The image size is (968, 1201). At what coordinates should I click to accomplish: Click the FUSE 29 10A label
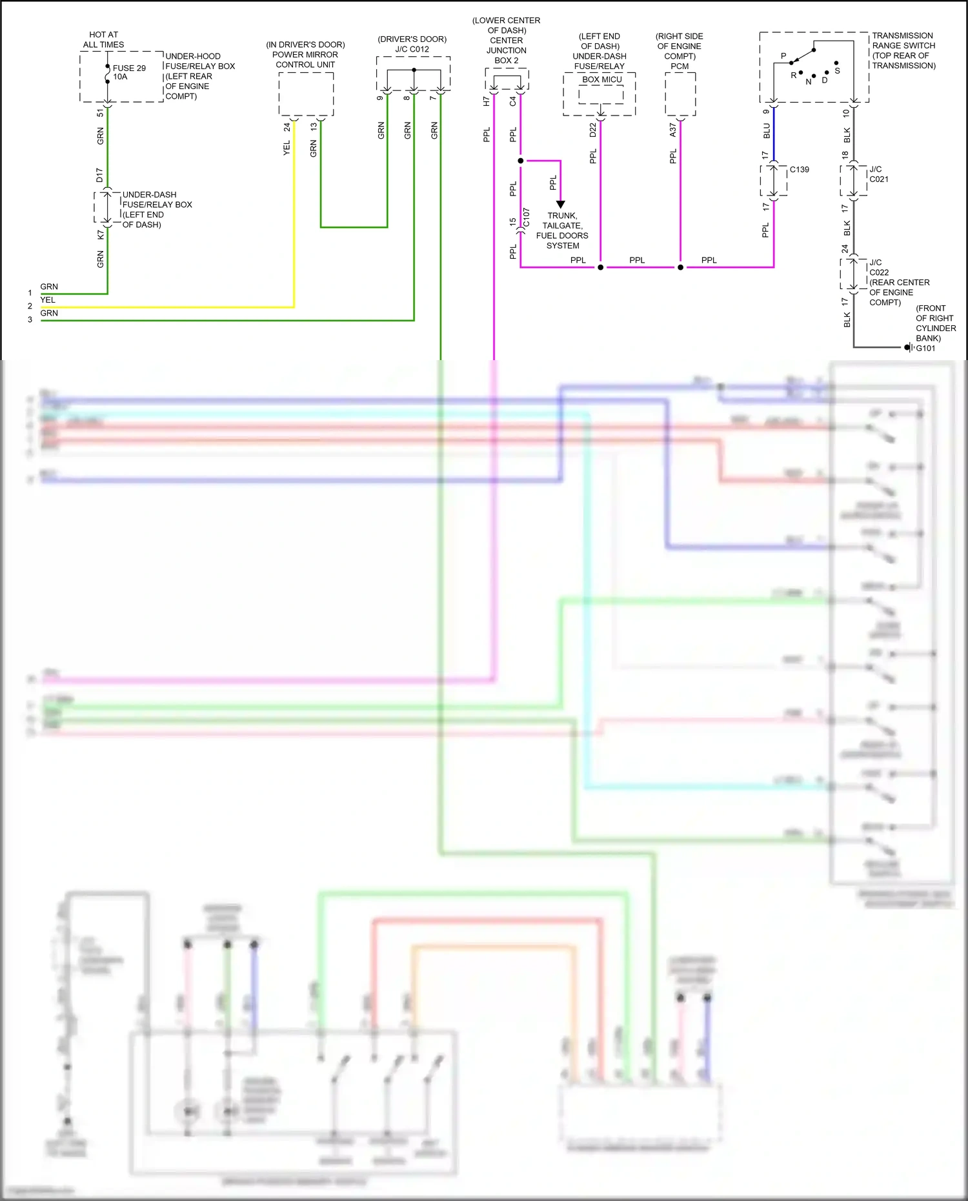(129, 72)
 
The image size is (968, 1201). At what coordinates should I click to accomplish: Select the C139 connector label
(799, 170)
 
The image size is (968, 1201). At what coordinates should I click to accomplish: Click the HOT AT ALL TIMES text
(103, 39)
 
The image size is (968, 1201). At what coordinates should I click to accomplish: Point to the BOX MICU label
(601, 79)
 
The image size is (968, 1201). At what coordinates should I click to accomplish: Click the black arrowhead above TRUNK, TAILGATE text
(560, 204)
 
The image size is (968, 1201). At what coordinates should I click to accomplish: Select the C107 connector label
(526, 217)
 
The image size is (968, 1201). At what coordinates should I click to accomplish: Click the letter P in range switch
(783, 56)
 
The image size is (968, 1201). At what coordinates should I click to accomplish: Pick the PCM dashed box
(680, 94)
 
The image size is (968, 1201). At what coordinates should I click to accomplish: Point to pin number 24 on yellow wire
(287, 127)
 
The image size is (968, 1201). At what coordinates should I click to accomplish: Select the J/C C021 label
(878, 174)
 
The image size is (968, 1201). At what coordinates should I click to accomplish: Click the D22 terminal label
(592, 130)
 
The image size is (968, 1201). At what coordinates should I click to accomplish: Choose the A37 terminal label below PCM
(672, 130)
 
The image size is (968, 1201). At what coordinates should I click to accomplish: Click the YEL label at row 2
(48, 300)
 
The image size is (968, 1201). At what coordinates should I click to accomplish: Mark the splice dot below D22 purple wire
(600, 267)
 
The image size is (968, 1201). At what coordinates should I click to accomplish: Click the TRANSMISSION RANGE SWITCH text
(903, 50)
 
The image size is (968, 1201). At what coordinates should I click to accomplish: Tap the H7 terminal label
(487, 101)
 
